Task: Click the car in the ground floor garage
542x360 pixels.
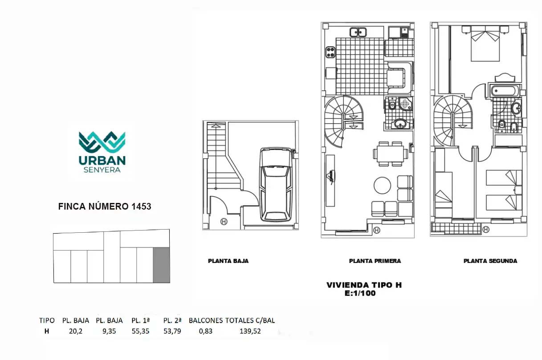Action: pos(276,185)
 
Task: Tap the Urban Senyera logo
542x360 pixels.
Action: pos(102,152)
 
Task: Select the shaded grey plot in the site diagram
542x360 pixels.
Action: pos(161,265)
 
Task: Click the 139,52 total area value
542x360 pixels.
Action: pos(250,331)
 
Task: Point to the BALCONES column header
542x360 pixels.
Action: pos(206,320)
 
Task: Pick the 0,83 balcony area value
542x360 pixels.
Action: pos(206,331)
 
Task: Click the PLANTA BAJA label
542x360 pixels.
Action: pos(228,261)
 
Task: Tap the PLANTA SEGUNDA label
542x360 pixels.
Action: pos(490,261)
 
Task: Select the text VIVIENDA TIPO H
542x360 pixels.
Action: pos(364,285)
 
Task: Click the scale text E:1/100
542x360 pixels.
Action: pos(360,293)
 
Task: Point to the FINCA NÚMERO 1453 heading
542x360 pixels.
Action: pos(105,206)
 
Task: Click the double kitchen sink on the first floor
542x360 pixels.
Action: pos(358,32)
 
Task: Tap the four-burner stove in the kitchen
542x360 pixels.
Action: pos(330,52)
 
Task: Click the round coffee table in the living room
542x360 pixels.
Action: pos(382,186)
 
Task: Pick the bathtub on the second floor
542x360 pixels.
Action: pos(505,91)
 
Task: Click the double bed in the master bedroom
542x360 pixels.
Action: pos(485,44)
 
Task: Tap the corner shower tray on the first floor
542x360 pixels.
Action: pos(406,104)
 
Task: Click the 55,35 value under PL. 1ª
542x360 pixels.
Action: pos(141,331)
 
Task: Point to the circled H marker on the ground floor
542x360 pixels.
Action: pos(224,222)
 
